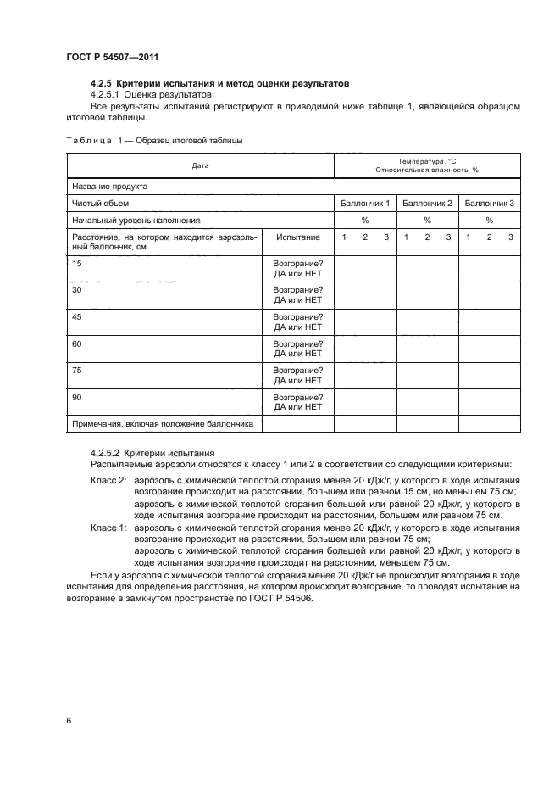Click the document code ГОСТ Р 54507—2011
[112, 57]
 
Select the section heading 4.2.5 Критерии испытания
[219, 84]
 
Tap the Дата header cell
[200, 165]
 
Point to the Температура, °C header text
[427, 160]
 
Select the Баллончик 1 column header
[365, 204]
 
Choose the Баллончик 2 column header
[427, 204]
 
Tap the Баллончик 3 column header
[490, 204]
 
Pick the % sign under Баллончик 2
[427, 221]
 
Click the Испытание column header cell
[298, 237]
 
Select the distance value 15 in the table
[78, 264]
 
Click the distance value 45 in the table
[78, 316]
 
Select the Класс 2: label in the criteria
[108, 480]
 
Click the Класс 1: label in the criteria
[108, 528]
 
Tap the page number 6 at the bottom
[69, 720]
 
